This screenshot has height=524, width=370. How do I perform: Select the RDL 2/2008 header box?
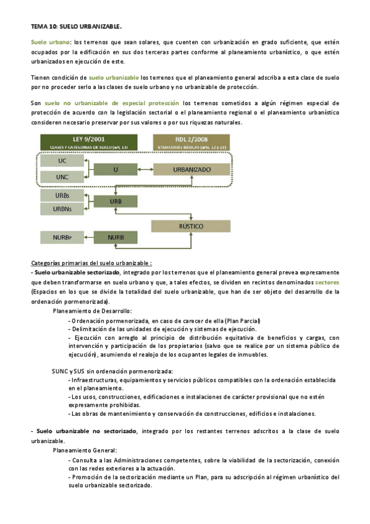click(x=191, y=142)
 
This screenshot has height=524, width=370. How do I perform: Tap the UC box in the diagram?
click(x=62, y=161)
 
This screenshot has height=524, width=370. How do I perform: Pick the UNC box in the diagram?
click(x=62, y=177)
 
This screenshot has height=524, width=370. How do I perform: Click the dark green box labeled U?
click(x=116, y=169)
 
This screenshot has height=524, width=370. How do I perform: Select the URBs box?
click(x=62, y=195)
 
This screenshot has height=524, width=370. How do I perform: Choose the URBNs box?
click(x=62, y=209)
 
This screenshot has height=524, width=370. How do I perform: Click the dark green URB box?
click(x=116, y=202)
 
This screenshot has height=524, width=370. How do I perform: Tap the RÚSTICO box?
click(x=191, y=226)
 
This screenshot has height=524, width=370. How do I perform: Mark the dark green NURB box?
click(x=116, y=237)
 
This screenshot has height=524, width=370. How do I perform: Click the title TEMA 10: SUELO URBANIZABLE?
click(x=76, y=27)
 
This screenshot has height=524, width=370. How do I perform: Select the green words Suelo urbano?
click(x=50, y=43)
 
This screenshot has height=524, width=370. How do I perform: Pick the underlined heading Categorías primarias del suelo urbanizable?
click(x=91, y=263)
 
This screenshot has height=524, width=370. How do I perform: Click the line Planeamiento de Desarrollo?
click(x=92, y=311)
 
